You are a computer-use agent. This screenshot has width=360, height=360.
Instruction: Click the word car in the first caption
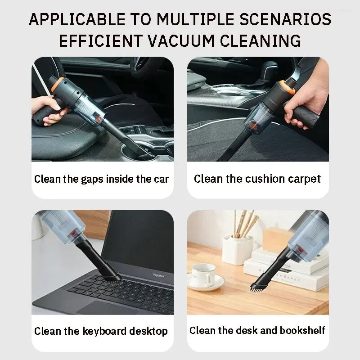(x=161, y=179)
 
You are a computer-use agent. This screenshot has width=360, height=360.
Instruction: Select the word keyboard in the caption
(x=104, y=332)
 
